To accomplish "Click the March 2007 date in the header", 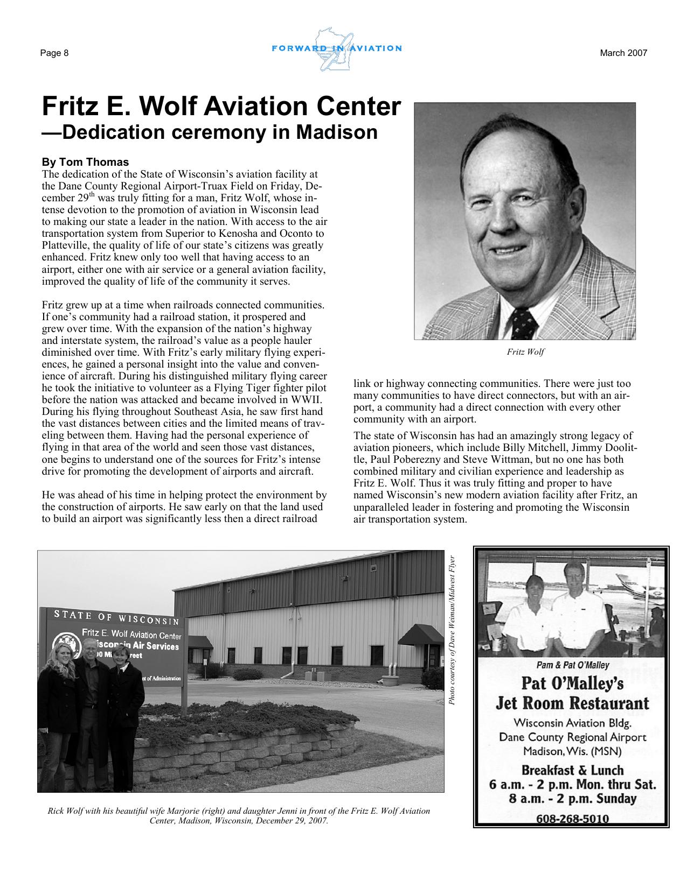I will click(623, 53).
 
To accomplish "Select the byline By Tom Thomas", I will click(85, 162).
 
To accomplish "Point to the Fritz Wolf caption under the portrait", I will click(525, 352).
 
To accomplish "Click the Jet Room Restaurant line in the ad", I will click(572, 703).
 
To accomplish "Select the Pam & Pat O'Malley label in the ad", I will click(573, 665).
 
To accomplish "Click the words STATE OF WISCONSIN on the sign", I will click(116, 617).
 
